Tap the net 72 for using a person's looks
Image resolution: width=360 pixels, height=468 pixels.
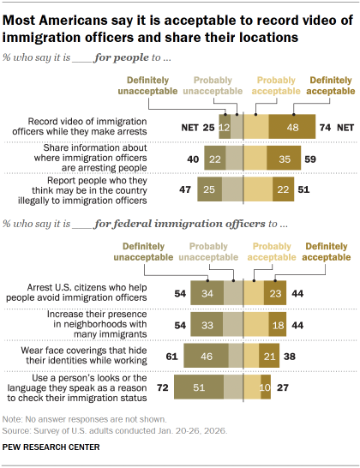coord(162,387)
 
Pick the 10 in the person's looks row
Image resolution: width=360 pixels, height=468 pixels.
coord(264,387)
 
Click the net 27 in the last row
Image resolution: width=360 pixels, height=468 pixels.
coord(282,387)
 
